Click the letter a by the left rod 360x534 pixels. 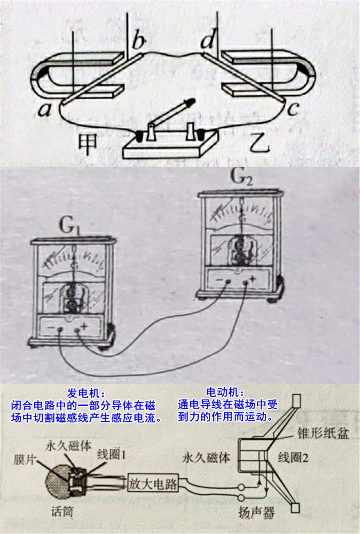click(x=45, y=109)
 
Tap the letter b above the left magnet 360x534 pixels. click(x=139, y=41)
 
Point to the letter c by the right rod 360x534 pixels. click(x=293, y=108)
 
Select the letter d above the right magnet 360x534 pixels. click(x=207, y=40)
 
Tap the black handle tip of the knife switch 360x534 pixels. click(x=190, y=101)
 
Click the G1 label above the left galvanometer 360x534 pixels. click(x=71, y=226)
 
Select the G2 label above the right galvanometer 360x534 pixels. click(x=242, y=177)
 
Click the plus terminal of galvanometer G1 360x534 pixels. click(x=77, y=329)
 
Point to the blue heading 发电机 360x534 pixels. click(x=83, y=394)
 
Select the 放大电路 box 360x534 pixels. click(x=153, y=483)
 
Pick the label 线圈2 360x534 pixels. click(x=293, y=458)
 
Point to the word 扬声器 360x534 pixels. click(x=256, y=512)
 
